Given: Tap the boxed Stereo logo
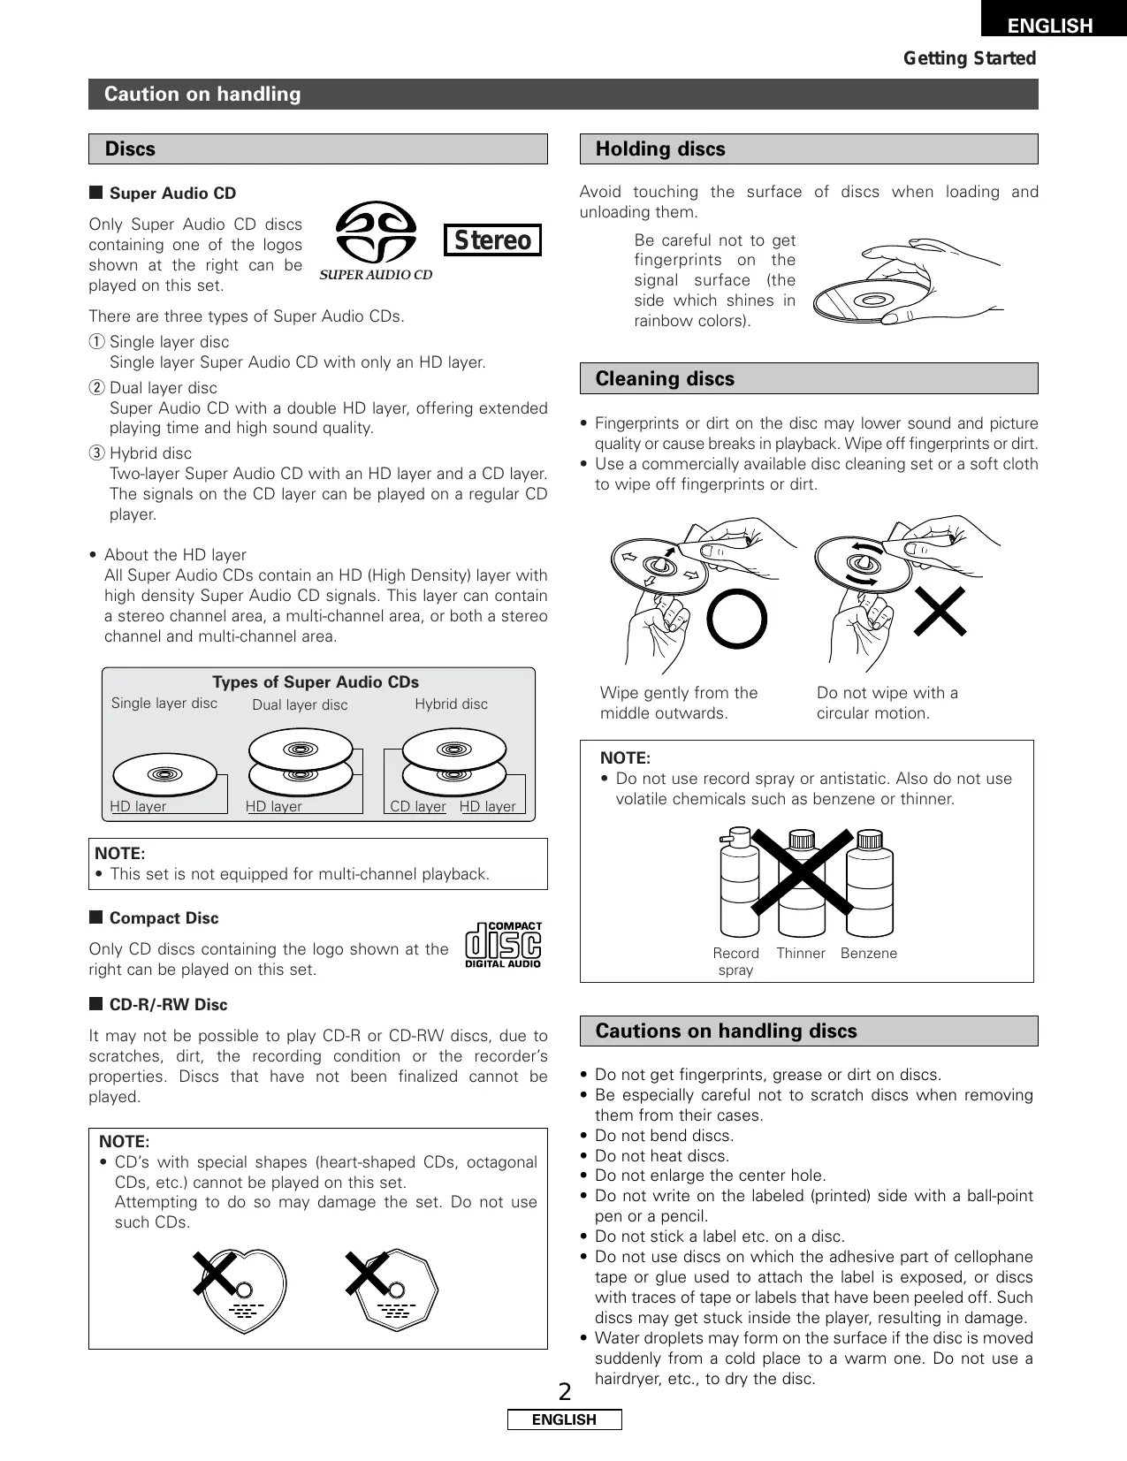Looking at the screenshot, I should point(492,240).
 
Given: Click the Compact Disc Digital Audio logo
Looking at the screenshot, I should point(503,945).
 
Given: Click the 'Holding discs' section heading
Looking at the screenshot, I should point(660,149).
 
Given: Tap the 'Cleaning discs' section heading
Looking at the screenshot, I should point(665,379).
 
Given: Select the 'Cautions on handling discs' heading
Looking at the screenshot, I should point(726,1031).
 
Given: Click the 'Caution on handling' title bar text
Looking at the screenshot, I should point(202,95).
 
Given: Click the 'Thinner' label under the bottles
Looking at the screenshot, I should point(801,954).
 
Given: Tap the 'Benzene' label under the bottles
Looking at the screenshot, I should point(869,954).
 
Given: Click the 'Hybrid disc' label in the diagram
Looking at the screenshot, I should point(451,704).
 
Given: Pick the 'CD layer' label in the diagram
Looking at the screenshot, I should point(418,807).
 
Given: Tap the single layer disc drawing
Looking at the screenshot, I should point(165,774).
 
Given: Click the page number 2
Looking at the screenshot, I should point(565,1393).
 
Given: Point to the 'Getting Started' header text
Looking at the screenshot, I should point(969,58).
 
